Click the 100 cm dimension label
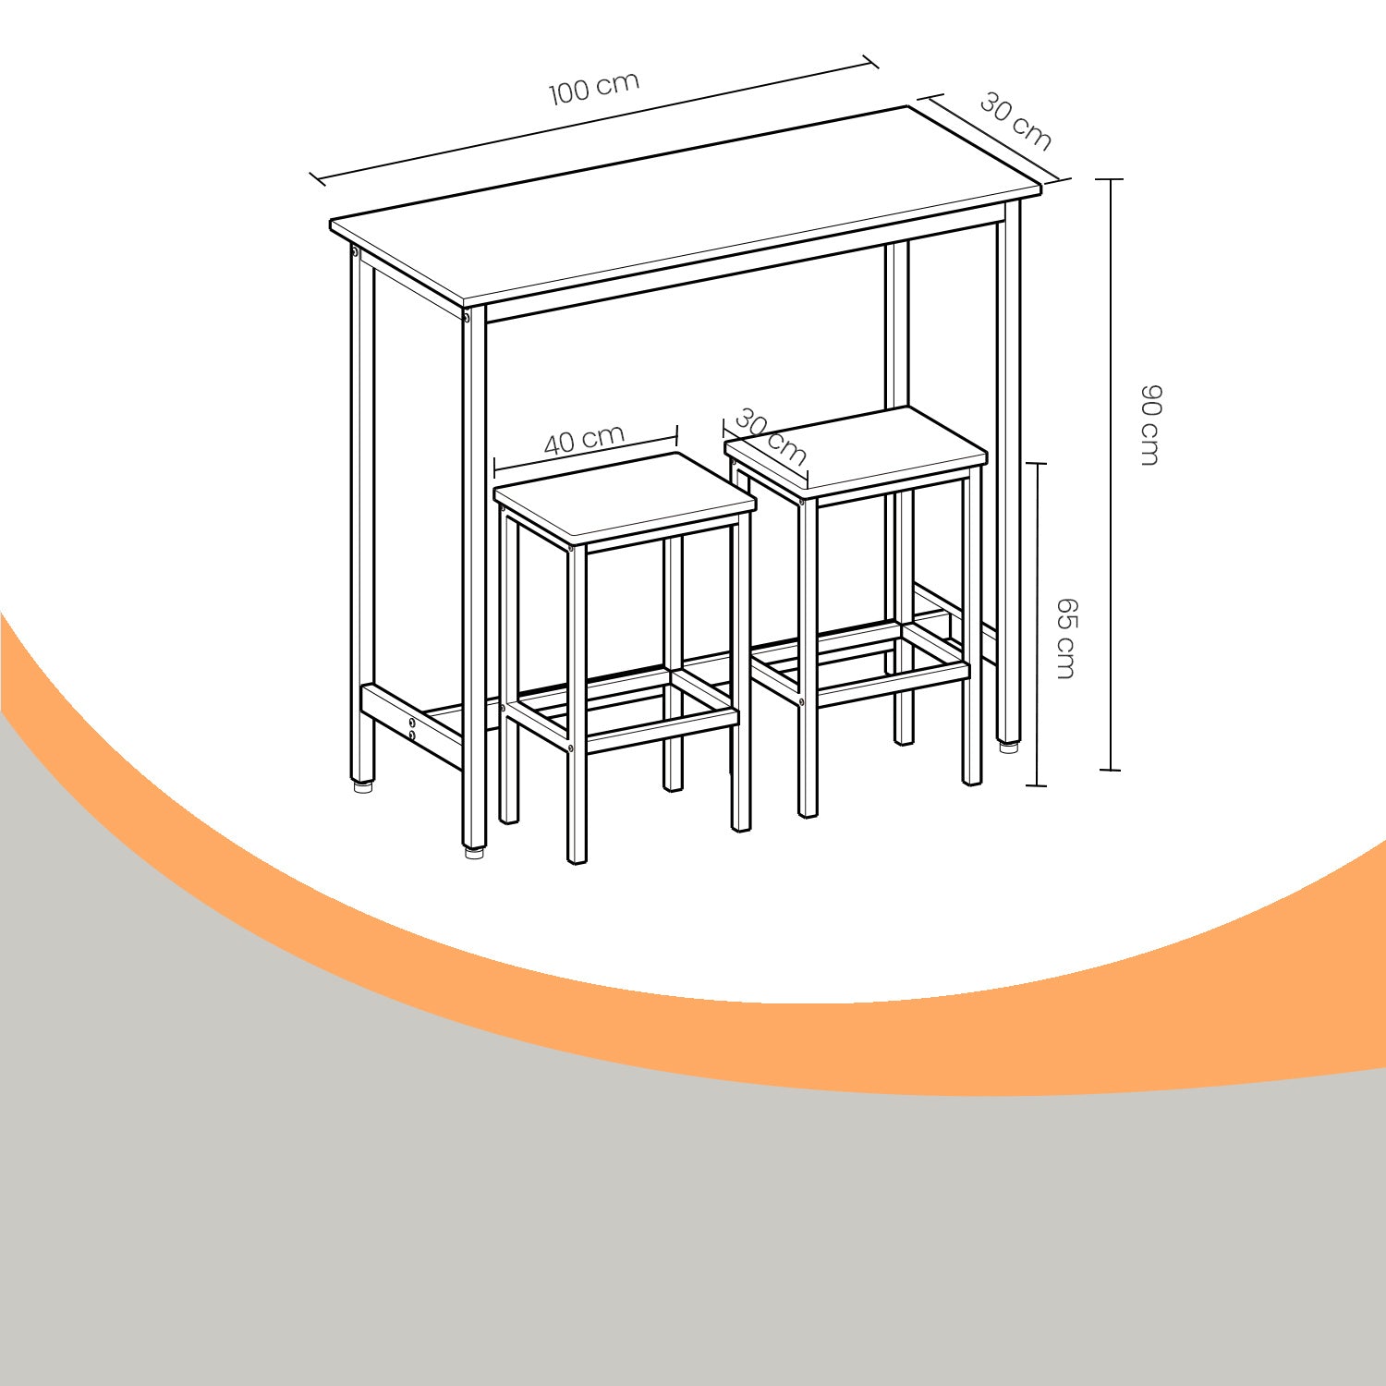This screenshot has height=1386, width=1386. click(x=594, y=89)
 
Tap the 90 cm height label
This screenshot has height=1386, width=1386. click(x=1149, y=425)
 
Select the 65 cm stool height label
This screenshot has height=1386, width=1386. click(x=1066, y=638)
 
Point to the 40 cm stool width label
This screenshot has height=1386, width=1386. click(x=584, y=439)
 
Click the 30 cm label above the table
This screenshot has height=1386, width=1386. click(x=1015, y=121)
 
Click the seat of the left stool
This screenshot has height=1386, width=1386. click(x=626, y=496)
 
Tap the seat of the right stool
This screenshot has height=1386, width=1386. click(x=857, y=450)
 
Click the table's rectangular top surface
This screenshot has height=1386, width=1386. click(x=684, y=207)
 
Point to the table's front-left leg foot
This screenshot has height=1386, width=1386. click(x=473, y=852)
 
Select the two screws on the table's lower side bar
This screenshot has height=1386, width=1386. click(x=412, y=728)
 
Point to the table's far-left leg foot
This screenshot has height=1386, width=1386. click(x=361, y=786)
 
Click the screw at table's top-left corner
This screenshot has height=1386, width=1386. click(x=355, y=250)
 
